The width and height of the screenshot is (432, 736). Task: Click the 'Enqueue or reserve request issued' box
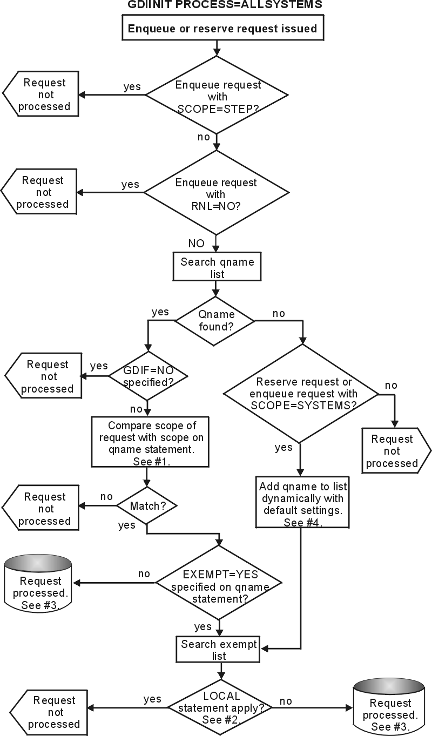point(222,28)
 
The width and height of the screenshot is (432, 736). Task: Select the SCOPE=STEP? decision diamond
point(218,96)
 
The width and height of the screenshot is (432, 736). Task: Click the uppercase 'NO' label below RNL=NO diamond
point(196,244)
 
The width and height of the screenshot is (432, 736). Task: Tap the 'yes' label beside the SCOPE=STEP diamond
point(132,86)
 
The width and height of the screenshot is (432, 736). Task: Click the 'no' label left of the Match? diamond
point(106,496)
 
